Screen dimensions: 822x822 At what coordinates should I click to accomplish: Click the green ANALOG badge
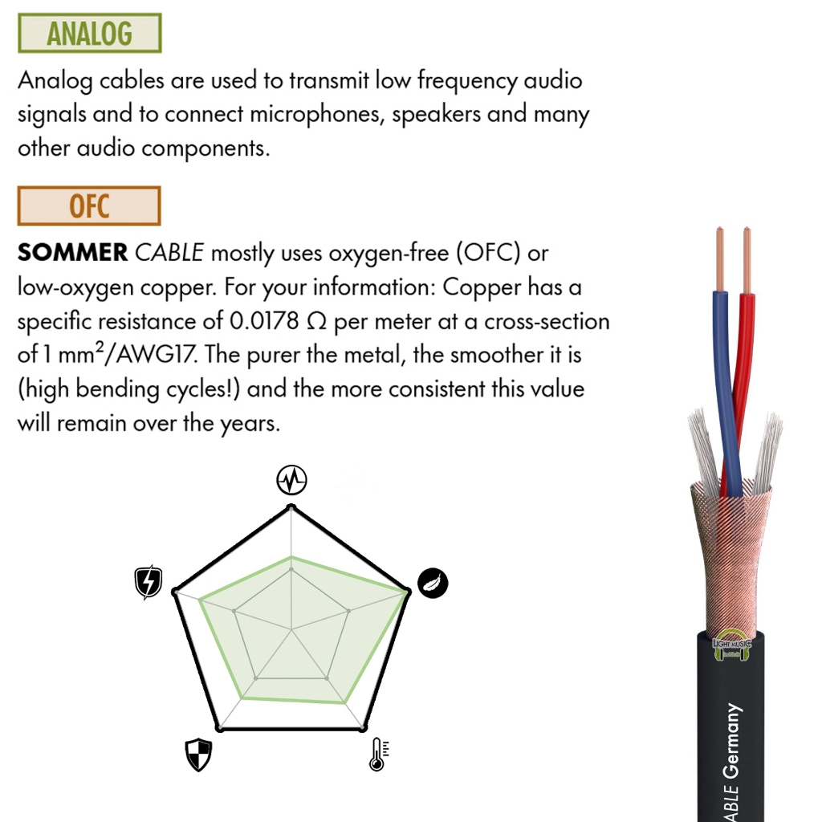tap(90, 33)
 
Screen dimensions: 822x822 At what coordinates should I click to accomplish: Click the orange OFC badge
tap(89, 205)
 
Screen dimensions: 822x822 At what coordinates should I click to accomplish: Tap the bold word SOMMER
tap(72, 253)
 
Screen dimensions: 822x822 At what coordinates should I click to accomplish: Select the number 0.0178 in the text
tap(264, 321)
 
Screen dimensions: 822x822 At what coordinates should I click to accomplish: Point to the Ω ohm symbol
tap(316, 321)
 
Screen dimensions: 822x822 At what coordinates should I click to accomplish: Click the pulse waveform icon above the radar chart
tap(291, 480)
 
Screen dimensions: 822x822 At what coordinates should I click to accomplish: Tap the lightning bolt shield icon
tap(149, 582)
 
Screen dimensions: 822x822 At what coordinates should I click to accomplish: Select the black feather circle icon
tap(433, 583)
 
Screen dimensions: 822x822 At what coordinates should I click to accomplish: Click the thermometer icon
tap(379, 755)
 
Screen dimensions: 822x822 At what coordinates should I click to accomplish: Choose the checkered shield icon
tap(199, 755)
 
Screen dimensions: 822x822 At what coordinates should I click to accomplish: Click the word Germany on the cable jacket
tap(732, 741)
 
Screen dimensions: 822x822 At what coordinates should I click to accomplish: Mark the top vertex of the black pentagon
tap(291, 507)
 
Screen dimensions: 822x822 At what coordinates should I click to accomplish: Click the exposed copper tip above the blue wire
tap(720, 259)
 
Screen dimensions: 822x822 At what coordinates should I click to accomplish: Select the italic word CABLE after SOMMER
tap(169, 253)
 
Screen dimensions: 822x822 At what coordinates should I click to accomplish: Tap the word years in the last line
tap(250, 425)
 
